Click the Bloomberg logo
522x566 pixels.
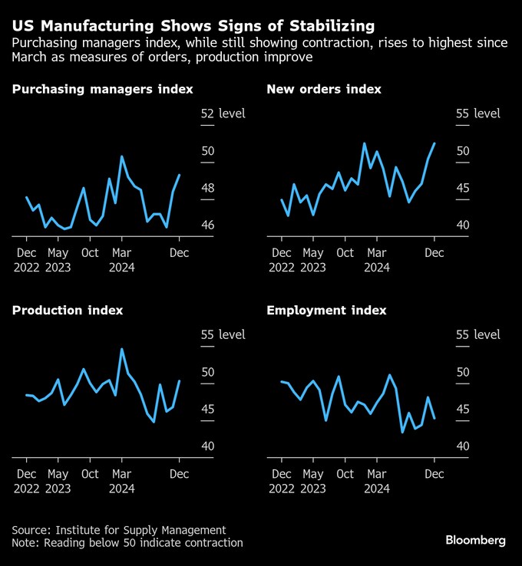(x=475, y=541)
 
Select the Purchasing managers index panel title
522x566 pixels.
(x=103, y=90)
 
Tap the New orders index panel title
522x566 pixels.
(x=324, y=89)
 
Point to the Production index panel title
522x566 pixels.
(x=68, y=311)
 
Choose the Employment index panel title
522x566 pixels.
(x=326, y=311)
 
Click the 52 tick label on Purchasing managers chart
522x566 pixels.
(x=207, y=114)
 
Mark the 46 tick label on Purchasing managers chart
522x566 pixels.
(x=208, y=225)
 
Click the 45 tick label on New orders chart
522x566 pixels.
(x=463, y=188)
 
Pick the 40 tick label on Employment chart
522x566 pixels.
(x=463, y=446)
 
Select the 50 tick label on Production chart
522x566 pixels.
(x=208, y=372)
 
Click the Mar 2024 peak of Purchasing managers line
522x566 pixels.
(x=122, y=156)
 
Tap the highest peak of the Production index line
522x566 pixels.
(x=122, y=349)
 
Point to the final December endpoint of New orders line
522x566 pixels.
(x=434, y=143)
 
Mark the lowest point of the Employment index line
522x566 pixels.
(x=402, y=432)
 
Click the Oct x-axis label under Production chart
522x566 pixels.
(x=90, y=474)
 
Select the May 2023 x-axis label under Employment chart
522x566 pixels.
(x=313, y=481)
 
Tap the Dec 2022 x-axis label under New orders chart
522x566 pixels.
(x=282, y=260)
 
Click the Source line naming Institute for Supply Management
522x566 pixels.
(x=119, y=530)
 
